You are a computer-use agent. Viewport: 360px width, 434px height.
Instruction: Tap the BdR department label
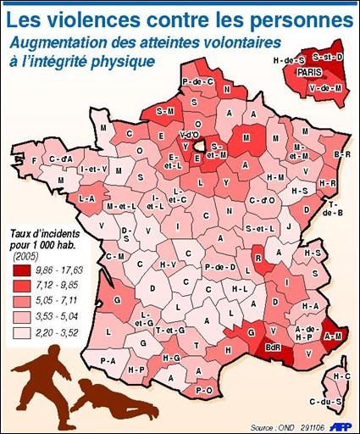[274, 347]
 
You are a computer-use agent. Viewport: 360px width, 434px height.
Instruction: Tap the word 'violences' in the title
[95, 16]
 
